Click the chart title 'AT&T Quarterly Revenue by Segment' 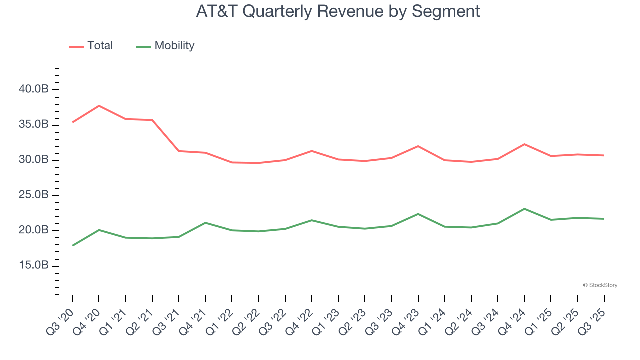tap(338, 11)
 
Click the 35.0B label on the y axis tap(34, 125)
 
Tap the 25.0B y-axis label tap(34, 195)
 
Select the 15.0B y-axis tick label tap(34, 266)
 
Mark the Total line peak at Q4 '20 tap(99, 106)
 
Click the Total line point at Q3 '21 tap(179, 151)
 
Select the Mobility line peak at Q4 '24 tap(524, 209)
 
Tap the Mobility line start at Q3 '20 tap(72, 246)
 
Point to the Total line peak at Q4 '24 tap(524, 144)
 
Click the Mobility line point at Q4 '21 tap(205, 223)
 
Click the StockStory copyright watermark tap(600, 285)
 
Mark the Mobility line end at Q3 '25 tap(604, 219)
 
